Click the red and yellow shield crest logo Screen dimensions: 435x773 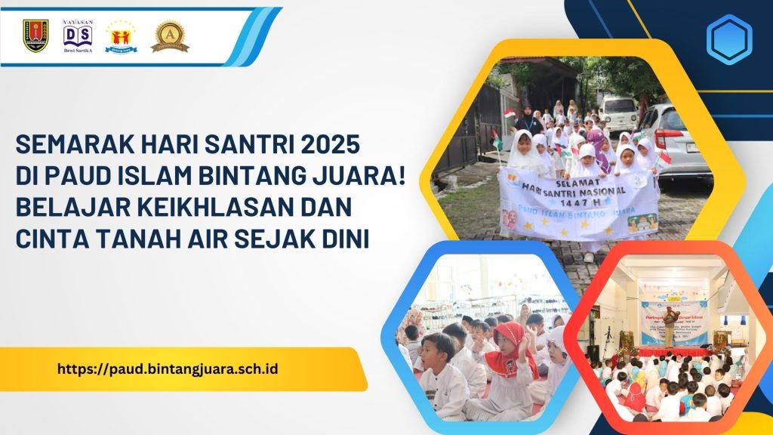(35, 35)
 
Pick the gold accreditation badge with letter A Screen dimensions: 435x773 (170, 35)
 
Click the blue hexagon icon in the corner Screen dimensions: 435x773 (728, 39)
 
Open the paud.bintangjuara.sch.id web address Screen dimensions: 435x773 (168, 369)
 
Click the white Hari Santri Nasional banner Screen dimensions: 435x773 (578, 202)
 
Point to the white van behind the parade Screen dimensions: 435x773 (619, 113)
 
